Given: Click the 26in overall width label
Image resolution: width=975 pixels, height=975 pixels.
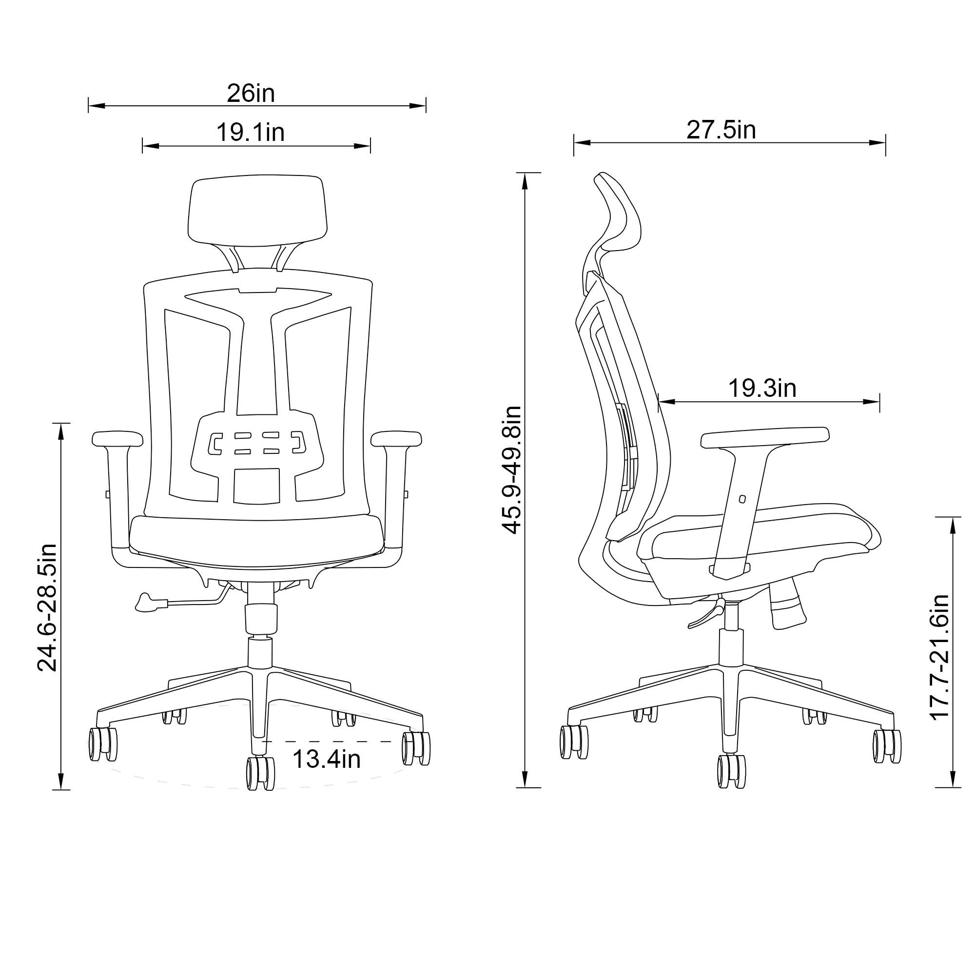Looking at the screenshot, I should click(251, 94).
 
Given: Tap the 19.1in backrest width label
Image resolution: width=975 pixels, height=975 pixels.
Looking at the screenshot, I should click(251, 133).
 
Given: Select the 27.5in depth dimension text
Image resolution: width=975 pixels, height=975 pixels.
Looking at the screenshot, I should click(721, 130).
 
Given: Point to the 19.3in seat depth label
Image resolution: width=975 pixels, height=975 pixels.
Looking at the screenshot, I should click(762, 388).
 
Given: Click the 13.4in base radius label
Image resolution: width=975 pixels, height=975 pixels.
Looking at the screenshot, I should click(327, 759).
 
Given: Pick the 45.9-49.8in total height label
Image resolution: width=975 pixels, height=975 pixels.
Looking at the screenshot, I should click(512, 469).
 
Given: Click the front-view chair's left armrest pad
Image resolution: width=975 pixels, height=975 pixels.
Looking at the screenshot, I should click(117, 439).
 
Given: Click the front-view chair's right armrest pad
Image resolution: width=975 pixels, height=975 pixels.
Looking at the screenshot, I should click(396, 439).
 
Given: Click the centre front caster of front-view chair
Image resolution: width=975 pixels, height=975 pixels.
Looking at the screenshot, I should click(260, 773).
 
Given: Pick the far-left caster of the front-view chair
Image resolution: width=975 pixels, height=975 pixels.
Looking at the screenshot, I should click(103, 744).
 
